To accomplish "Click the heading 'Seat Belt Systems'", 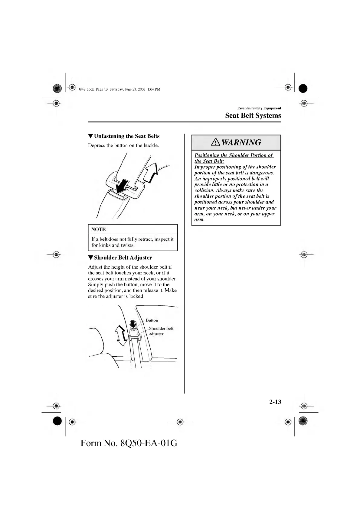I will point(253,115).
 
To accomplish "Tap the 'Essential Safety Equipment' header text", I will point(259,108).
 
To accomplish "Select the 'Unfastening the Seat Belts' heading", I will point(126,136).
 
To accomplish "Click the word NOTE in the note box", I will point(98,229).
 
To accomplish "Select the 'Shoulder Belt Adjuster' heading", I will point(123,258).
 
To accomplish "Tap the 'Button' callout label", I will point(152,320).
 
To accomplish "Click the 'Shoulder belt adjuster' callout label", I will point(161,331).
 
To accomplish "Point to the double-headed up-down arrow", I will point(121,336).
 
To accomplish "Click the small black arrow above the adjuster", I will point(133,324).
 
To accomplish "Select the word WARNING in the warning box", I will point(241,142).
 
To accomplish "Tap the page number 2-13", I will point(275,402).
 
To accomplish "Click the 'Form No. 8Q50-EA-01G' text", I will point(129,443).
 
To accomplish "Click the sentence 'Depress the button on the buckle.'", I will point(123,145).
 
